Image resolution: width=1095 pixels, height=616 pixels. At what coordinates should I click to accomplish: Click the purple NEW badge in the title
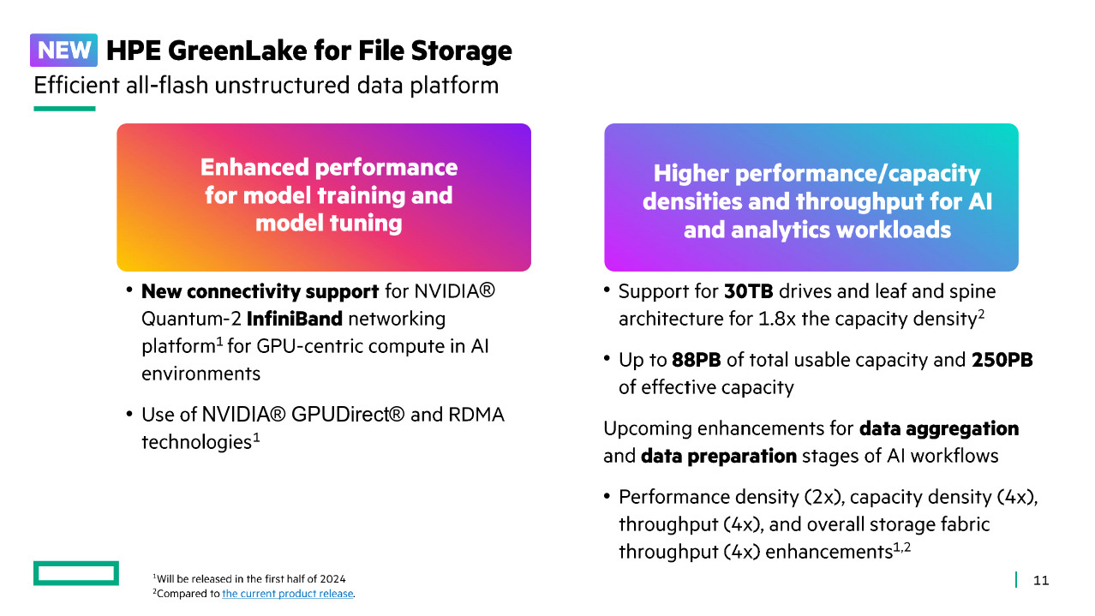pyautogui.click(x=63, y=50)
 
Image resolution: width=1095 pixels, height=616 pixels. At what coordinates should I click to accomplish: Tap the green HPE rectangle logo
pyautogui.click(x=76, y=573)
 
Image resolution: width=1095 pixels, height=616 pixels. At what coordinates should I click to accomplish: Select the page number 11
pyautogui.click(x=1041, y=580)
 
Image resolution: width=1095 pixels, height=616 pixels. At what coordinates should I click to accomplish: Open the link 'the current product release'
pyautogui.click(x=287, y=594)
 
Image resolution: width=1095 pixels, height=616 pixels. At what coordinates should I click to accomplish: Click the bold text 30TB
pyautogui.click(x=748, y=291)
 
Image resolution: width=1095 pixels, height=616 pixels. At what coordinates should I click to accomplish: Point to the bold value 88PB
pyautogui.click(x=696, y=360)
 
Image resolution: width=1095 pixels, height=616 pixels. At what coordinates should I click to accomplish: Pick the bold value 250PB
pyautogui.click(x=1002, y=360)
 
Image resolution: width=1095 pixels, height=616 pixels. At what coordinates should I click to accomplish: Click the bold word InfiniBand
pyautogui.click(x=294, y=319)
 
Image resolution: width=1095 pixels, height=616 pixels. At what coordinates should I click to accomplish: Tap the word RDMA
pyautogui.click(x=476, y=415)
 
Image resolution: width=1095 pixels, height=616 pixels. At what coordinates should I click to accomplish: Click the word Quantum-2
pyautogui.click(x=191, y=320)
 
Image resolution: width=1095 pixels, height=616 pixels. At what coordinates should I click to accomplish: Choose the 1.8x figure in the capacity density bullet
pyautogui.click(x=777, y=320)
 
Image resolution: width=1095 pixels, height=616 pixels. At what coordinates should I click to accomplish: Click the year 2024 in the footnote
pyautogui.click(x=332, y=579)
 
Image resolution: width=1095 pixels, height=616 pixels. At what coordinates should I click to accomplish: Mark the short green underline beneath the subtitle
pyautogui.click(x=64, y=109)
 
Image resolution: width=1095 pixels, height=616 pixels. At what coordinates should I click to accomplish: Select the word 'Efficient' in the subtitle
pyautogui.click(x=77, y=85)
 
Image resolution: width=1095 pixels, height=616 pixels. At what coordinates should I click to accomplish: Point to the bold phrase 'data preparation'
pyautogui.click(x=719, y=457)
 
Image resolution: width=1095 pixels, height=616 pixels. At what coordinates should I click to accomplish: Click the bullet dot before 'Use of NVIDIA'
pyautogui.click(x=129, y=414)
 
